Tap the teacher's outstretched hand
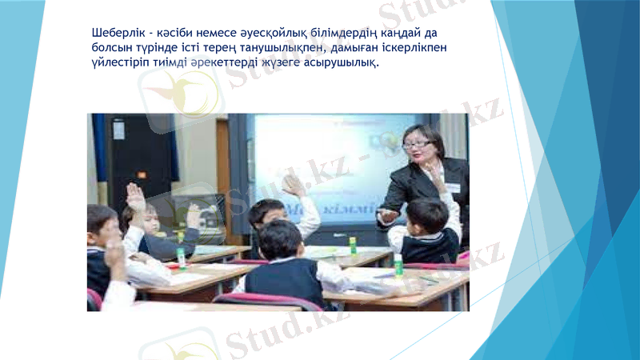pyautogui.click(x=387, y=215)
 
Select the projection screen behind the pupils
pyautogui.click(x=320, y=168)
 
